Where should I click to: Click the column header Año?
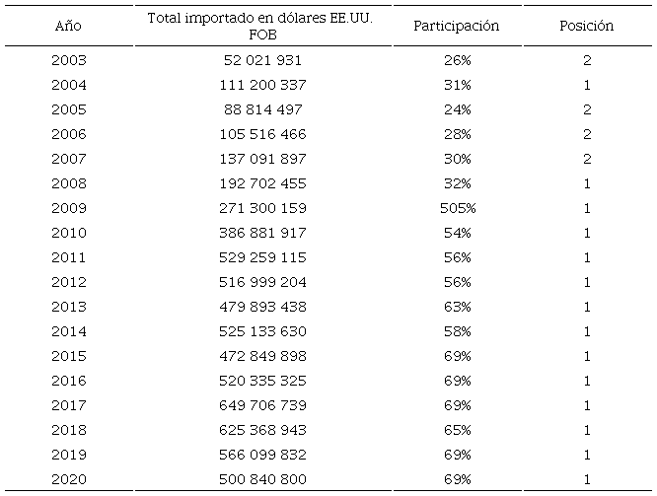(x=68, y=26)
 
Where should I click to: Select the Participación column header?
(x=457, y=26)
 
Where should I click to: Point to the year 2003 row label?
(x=68, y=61)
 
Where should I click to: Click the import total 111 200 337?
(x=263, y=86)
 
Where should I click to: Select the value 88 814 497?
(x=263, y=109)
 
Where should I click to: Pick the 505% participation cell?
(x=457, y=208)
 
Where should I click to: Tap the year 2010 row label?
(x=68, y=233)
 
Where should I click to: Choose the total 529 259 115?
(x=263, y=257)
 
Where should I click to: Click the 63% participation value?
(x=457, y=307)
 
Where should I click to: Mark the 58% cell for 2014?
(x=457, y=331)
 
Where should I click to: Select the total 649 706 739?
(x=263, y=405)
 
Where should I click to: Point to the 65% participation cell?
(x=457, y=430)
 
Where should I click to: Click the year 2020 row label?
(x=68, y=479)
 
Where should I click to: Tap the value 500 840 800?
(x=263, y=479)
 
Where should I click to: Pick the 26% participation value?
(x=457, y=61)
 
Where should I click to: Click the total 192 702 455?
(x=263, y=183)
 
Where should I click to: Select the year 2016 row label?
(x=68, y=381)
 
